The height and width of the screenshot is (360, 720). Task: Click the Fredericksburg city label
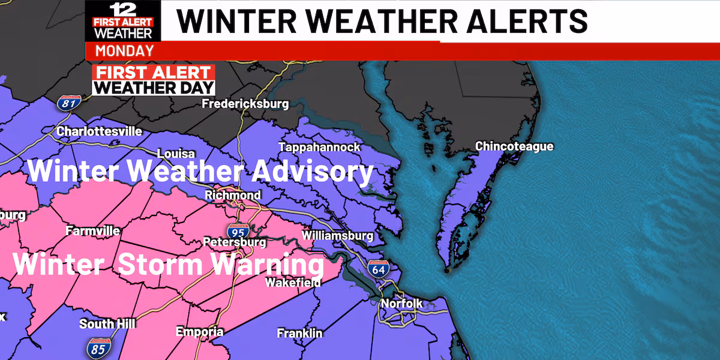point(245,104)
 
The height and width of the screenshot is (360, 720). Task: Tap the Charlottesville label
point(99,131)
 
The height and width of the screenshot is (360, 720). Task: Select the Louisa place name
point(176,154)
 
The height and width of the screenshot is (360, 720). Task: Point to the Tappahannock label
point(319,148)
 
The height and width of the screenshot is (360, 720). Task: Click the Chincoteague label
point(514,146)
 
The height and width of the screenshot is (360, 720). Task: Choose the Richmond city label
point(233,196)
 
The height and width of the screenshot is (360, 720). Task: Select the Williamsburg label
point(338,236)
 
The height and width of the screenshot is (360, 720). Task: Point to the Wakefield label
point(293,282)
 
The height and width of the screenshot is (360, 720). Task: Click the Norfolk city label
point(402,304)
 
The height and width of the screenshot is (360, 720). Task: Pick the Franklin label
point(299,333)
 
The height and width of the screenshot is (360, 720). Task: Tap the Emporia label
point(199,332)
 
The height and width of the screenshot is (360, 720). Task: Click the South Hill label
point(107,324)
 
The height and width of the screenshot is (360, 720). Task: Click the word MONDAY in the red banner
point(124,50)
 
